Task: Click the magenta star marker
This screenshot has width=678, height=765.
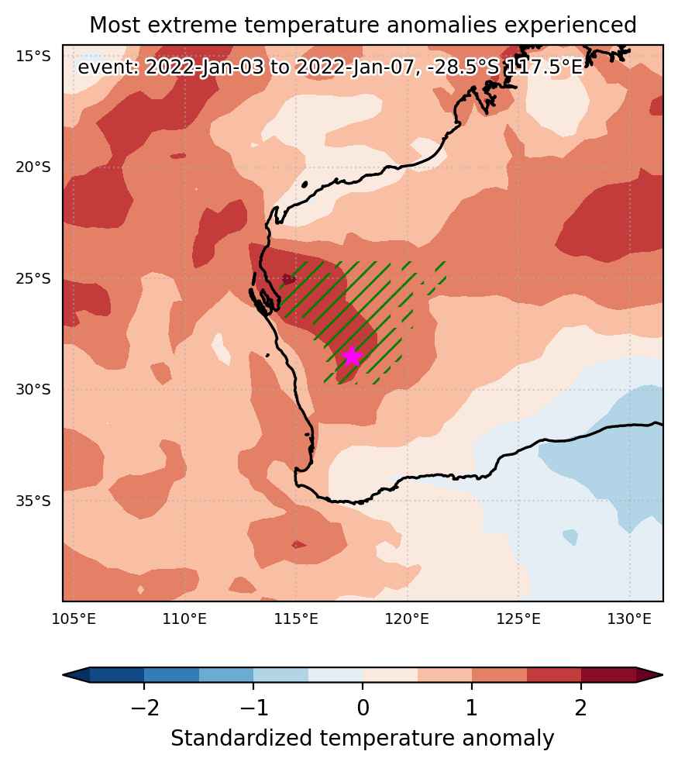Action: click(352, 357)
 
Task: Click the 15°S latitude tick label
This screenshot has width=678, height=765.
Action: click(33, 57)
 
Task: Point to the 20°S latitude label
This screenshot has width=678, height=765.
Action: click(33, 167)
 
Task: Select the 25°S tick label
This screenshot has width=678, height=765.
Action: click(33, 278)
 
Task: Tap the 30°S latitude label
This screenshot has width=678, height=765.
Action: click(33, 389)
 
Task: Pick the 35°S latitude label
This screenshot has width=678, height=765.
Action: click(33, 501)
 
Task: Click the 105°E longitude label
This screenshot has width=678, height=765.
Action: click(74, 619)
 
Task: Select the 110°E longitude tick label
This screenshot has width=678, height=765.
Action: click(184, 619)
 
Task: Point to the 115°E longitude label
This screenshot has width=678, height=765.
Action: click(296, 619)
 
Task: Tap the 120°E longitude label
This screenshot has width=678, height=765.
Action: click(407, 619)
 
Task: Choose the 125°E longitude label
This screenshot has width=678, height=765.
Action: click(518, 619)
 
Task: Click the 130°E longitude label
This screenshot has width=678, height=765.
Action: click(629, 619)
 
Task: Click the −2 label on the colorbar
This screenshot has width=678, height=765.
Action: click(145, 707)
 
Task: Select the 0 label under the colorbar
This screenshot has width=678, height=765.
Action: click(363, 707)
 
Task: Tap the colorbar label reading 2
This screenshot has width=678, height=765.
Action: click(580, 707)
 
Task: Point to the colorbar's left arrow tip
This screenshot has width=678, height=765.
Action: click(63, 675)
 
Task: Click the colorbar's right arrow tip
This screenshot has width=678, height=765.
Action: click(663, 675)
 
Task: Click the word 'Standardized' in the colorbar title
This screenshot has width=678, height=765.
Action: click(242, 738)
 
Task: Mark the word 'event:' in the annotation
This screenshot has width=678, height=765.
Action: click(108, 67)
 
